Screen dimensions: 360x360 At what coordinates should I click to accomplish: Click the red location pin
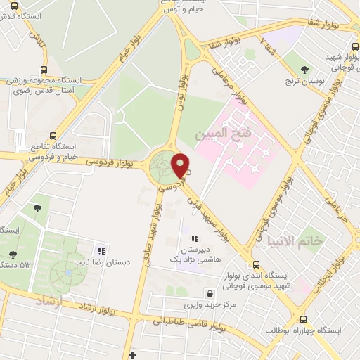[x=181, y=166]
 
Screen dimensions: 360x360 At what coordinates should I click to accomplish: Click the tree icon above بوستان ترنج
[x=304, y=70]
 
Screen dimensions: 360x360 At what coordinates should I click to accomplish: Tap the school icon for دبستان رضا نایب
[x=102, y=250]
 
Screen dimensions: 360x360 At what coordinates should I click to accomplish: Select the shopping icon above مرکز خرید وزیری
[x=210, y=293]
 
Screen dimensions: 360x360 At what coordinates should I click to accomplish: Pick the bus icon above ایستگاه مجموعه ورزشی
[x=44, y=70]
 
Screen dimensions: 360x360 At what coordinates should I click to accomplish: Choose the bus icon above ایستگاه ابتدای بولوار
[x=256, y=265]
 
